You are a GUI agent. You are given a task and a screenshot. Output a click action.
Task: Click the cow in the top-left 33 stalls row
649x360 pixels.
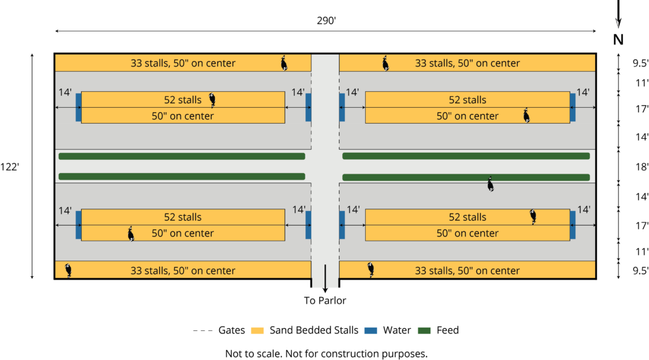tap(285, 63)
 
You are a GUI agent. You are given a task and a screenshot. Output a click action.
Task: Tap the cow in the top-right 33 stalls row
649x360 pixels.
tap(385, 63)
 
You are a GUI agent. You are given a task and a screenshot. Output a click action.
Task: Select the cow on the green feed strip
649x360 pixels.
tap(490, 184)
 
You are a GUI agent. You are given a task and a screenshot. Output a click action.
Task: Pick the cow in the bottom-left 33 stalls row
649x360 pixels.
tap(68, 270)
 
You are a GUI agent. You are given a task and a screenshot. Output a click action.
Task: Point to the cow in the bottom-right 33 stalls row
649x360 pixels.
tap(371, 269)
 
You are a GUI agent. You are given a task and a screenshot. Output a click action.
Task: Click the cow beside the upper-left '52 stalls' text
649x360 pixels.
tap(213, 100)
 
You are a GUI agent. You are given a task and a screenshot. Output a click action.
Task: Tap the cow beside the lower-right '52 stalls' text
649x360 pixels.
tap(534, 217)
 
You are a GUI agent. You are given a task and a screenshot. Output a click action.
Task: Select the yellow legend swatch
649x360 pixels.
tap(257, 331)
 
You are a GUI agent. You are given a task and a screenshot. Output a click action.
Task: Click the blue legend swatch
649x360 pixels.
tap(371, 331)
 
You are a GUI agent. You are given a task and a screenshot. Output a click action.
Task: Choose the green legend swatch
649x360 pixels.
tap(424, 331)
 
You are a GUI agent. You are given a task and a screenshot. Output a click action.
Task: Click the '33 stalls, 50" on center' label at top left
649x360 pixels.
tap(183, 63)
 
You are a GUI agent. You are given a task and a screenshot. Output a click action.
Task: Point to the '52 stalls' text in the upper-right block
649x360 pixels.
tap(468, 100)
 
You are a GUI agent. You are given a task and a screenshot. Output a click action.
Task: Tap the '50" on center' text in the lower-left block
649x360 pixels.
tap(183, 233)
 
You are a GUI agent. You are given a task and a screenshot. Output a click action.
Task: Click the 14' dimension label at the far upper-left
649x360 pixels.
tap(65, 93)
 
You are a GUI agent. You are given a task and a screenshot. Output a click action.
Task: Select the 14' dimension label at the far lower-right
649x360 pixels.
tap(584, 210)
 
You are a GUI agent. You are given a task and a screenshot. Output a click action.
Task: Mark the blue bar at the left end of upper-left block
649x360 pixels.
tap(79, 107)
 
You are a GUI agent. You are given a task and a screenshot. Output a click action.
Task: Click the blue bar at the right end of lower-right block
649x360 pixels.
tap(572, 224)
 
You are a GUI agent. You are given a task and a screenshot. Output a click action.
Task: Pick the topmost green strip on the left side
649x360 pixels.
tap(182, 156)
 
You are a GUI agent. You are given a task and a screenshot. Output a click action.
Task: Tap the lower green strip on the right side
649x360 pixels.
tap(466, 177)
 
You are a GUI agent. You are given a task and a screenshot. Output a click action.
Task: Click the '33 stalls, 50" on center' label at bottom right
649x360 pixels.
tap(468, 271)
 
